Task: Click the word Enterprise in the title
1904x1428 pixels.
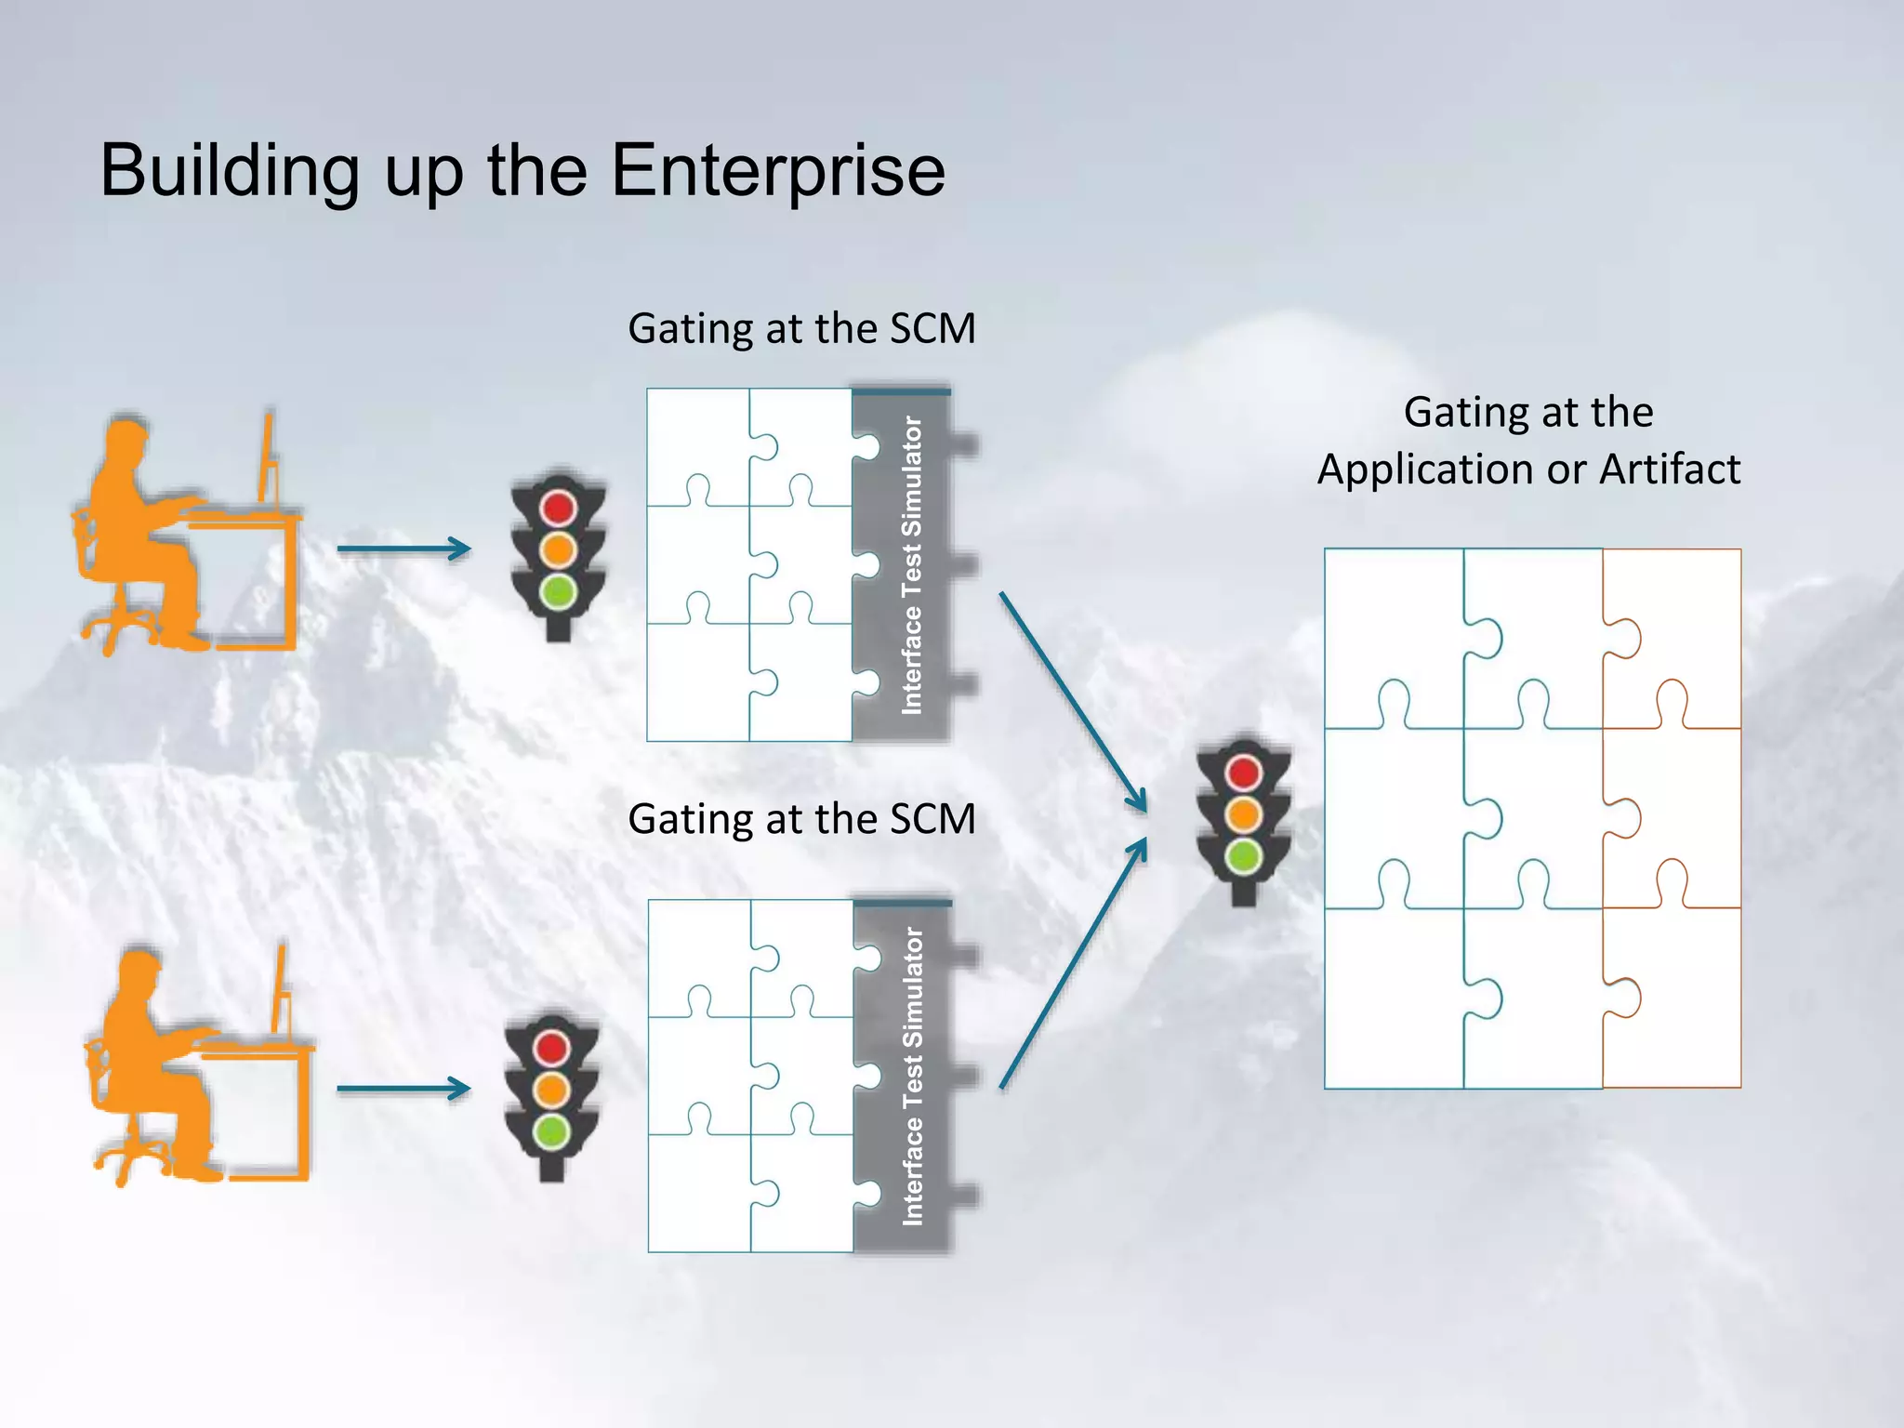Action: click(x=778, y=171)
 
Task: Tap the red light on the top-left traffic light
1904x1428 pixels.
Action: click(x=559, y=508)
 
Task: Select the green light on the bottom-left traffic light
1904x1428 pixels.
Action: click(x=552, y=1131)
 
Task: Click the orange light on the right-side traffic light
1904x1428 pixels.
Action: click(x=1244, y=814)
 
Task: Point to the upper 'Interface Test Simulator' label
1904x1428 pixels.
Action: click(x=912, y=565)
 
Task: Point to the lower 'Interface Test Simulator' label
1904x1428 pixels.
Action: click(x=913, y=1076)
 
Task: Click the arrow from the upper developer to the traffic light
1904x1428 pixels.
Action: click(x=403, y=549)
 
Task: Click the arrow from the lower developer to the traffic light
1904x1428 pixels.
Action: click(x=403, y=1088)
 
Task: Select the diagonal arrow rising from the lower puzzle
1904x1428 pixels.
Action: click(x=1074, y=962)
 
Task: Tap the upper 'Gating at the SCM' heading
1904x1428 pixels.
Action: click(x=801, y=328)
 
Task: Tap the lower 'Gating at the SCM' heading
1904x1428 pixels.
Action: click(x=801, y=819)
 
